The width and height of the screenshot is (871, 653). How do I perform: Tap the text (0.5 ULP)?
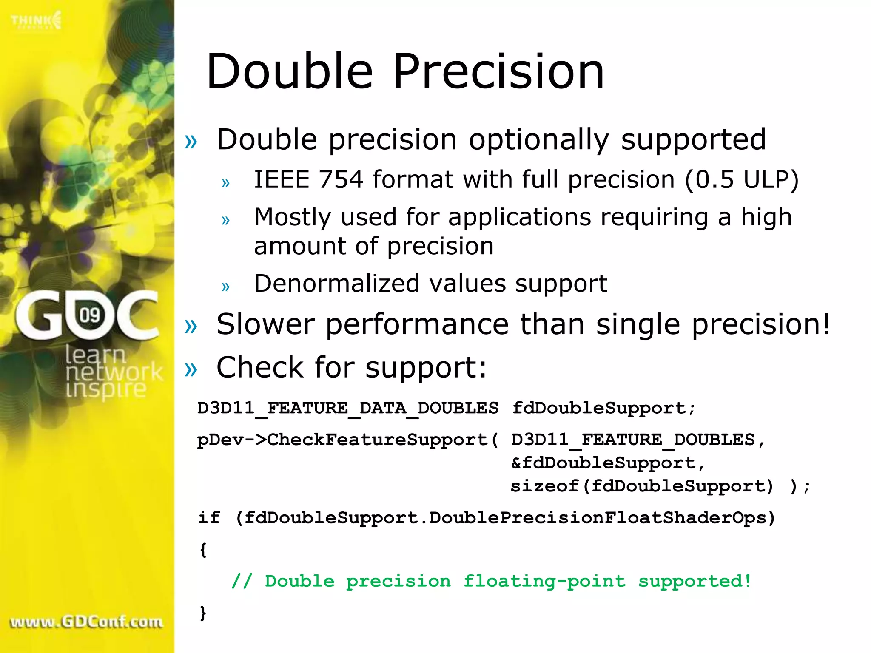742,179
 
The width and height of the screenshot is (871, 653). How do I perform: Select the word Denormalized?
336,284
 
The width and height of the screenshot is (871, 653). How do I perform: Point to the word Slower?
265,324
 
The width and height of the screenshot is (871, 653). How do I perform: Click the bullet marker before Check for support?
191,369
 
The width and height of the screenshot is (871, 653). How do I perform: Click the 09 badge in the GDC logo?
90,315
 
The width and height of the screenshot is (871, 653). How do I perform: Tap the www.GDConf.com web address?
86,622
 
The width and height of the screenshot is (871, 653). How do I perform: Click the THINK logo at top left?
36,20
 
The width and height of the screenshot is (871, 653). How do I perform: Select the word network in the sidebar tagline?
114,372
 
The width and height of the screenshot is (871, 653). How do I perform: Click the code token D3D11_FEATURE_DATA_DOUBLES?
347,408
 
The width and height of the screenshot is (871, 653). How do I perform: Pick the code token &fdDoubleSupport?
608,463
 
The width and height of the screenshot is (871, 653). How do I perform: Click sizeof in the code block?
544,486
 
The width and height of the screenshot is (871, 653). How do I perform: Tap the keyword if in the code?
209,518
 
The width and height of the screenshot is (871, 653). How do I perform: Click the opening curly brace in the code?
203,550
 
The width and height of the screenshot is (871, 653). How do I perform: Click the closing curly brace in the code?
203,613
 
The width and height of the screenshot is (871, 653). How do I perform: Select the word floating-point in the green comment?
544,581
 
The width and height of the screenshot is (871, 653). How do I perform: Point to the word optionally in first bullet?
539,140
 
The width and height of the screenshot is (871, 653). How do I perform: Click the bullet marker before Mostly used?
225,220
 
